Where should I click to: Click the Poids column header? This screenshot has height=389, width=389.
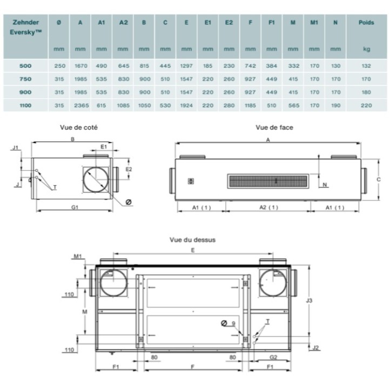(x=366, y=23)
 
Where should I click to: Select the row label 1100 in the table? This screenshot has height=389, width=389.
(x=25, y=105)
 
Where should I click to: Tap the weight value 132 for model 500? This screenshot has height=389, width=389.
(x=366, y=66)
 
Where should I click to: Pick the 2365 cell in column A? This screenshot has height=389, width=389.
(x=81, y=105)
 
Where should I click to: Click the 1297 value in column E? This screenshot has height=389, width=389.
(x=186, y=66)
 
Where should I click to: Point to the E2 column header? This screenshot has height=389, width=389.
(x=229, y=23)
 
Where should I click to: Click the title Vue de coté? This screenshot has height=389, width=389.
(x=79, y=128)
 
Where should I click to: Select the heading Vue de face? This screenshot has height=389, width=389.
(x=274, y=128)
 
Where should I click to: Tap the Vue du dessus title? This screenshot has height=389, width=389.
(x=192, y=240)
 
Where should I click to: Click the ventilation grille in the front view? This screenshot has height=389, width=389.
(x=268, y=181)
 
